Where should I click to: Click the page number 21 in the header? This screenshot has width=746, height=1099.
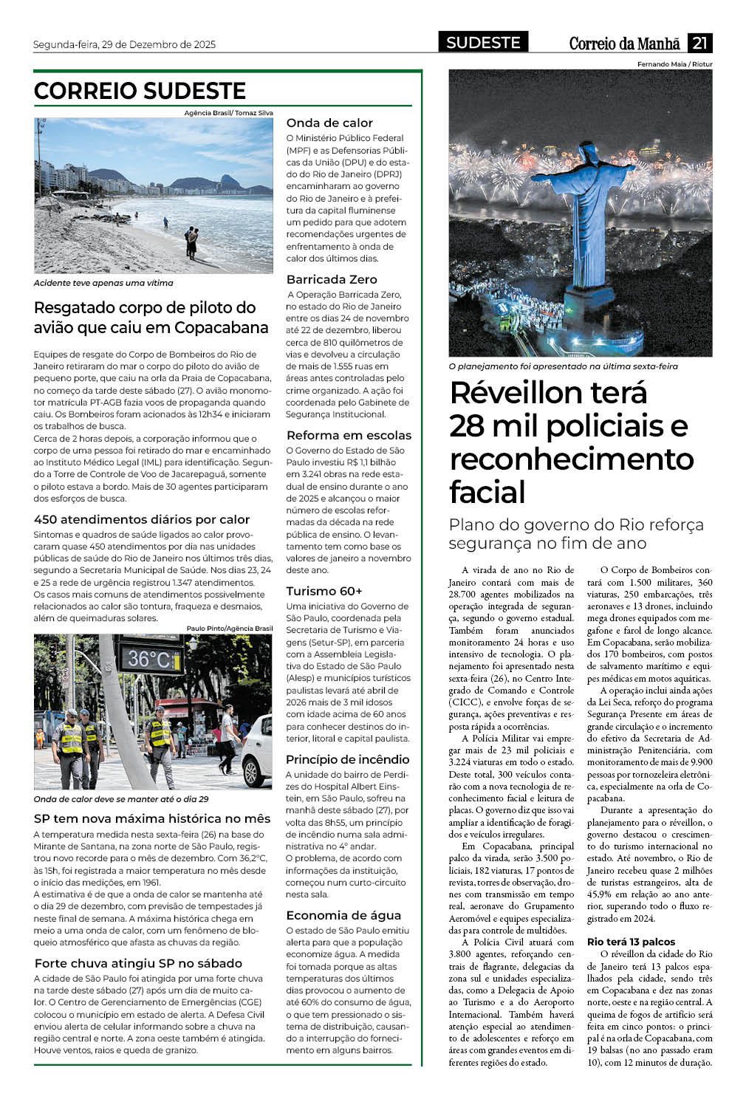[x=699, y=43]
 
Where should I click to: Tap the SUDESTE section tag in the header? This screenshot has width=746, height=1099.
[x=483, y=43]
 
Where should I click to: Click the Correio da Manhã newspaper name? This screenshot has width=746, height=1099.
[x=625, y=44]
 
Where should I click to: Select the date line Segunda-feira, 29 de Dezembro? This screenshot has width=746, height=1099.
[x=124, y=44]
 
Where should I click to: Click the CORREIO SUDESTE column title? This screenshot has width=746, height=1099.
[x=140, y=91]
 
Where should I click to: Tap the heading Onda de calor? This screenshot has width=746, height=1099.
[x=329, y=123]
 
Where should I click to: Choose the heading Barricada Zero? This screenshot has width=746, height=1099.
[x=332, y=279]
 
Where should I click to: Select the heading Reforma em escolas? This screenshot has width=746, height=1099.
[x=349, y=435]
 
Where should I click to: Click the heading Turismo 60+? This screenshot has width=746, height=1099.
[x=324, y=591]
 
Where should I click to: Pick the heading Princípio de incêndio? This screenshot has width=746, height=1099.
[x=347, y=759]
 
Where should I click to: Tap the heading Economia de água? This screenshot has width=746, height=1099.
[x=343, y=915]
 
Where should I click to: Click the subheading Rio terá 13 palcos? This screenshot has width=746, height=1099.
[x=631, y=942]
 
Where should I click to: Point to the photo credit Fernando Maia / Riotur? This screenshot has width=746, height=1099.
[x=674, y=64]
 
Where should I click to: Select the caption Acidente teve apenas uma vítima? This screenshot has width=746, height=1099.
[x=103, y=283]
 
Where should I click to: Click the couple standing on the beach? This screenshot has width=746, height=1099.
[x=191, y=242]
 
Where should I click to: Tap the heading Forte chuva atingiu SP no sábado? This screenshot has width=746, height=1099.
[x=138, y=963]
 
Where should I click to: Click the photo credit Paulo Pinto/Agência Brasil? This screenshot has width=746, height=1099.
[x=229, y=629]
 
